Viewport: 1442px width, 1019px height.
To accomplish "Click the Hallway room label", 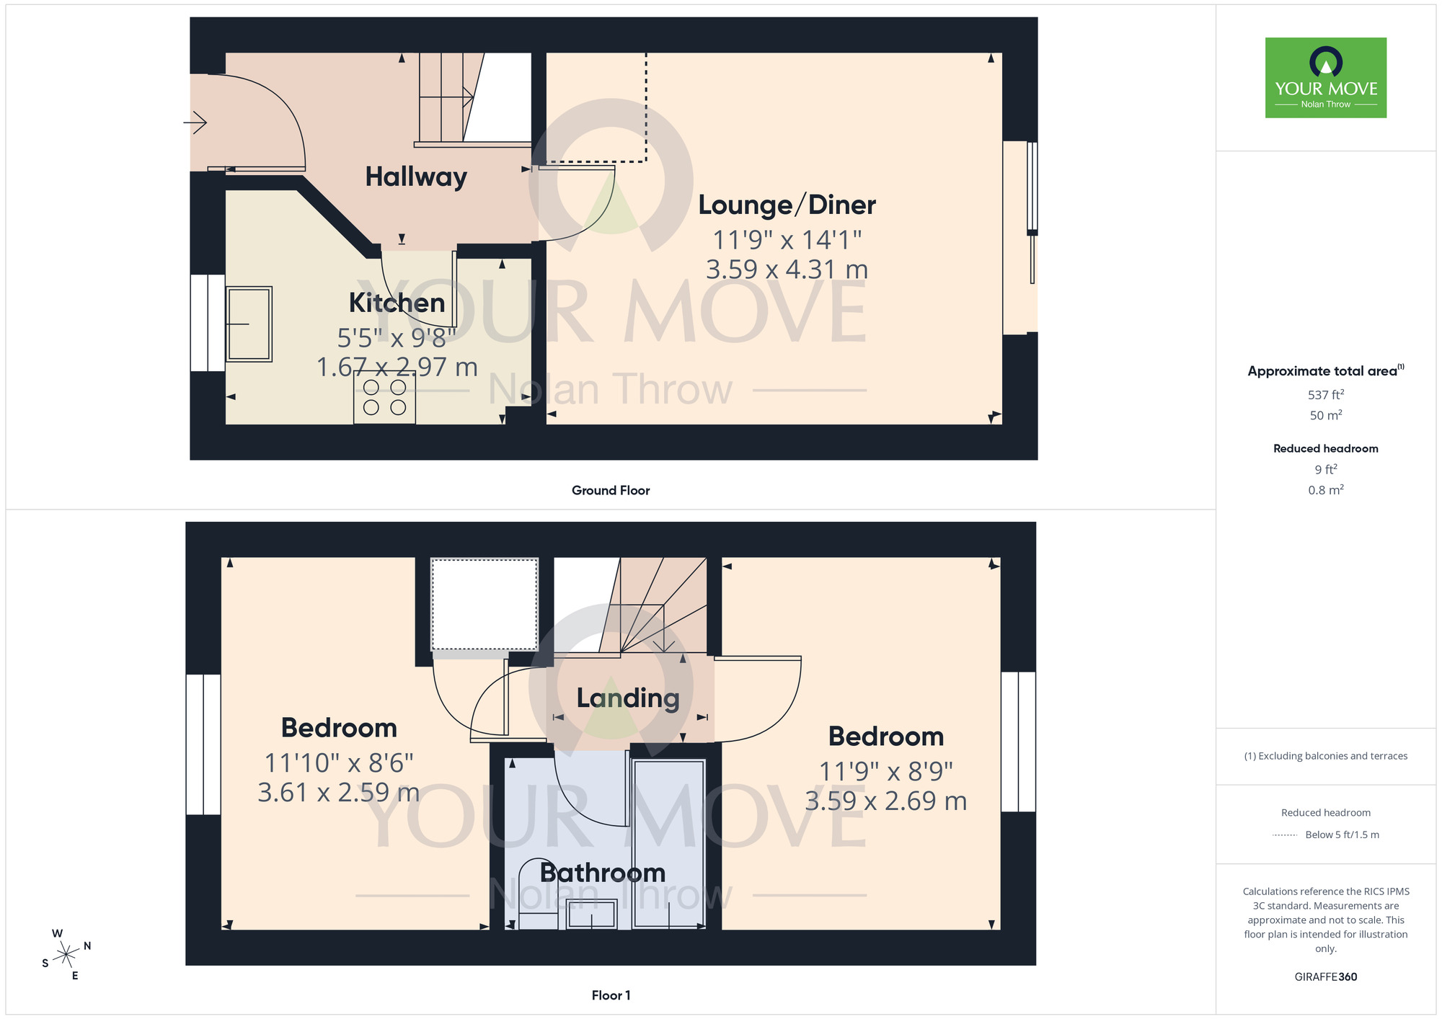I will tap(416, 177).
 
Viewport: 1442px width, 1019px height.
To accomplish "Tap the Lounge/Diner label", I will tap(787, 205).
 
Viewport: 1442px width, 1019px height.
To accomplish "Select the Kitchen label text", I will tap(397, 303).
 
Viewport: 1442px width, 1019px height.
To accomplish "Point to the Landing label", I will tap(628, 698).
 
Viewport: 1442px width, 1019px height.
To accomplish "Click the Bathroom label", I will tap(603, 873).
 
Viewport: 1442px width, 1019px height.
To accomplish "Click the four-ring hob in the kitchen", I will tap(384, 398).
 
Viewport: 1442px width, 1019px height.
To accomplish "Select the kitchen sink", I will tap(249, 324).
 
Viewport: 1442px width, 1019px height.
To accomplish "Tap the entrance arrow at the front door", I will tap(196, 123).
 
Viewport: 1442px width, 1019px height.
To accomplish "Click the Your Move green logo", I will tap(1325, 78).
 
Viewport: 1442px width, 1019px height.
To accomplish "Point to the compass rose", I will tap(66, 955).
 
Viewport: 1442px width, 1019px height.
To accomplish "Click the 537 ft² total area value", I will tap(1325, 395).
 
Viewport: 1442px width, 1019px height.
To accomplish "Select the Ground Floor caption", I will tap(611, 491).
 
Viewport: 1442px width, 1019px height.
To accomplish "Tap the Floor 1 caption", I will tap(611, 995).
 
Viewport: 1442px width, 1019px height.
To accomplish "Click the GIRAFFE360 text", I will tap(1325, 977).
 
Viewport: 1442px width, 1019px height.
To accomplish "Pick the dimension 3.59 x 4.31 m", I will tap(787, 270).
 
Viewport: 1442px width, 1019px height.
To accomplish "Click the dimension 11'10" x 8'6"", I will tap(339, 762).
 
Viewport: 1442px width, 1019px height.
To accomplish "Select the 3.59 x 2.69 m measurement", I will tap(885, 801).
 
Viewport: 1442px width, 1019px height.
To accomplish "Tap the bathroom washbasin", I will tap(591, 915).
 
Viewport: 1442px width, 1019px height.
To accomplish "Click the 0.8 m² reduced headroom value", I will tap(1325, 490).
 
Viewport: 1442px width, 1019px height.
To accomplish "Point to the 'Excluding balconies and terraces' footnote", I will tap(1325, 756).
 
